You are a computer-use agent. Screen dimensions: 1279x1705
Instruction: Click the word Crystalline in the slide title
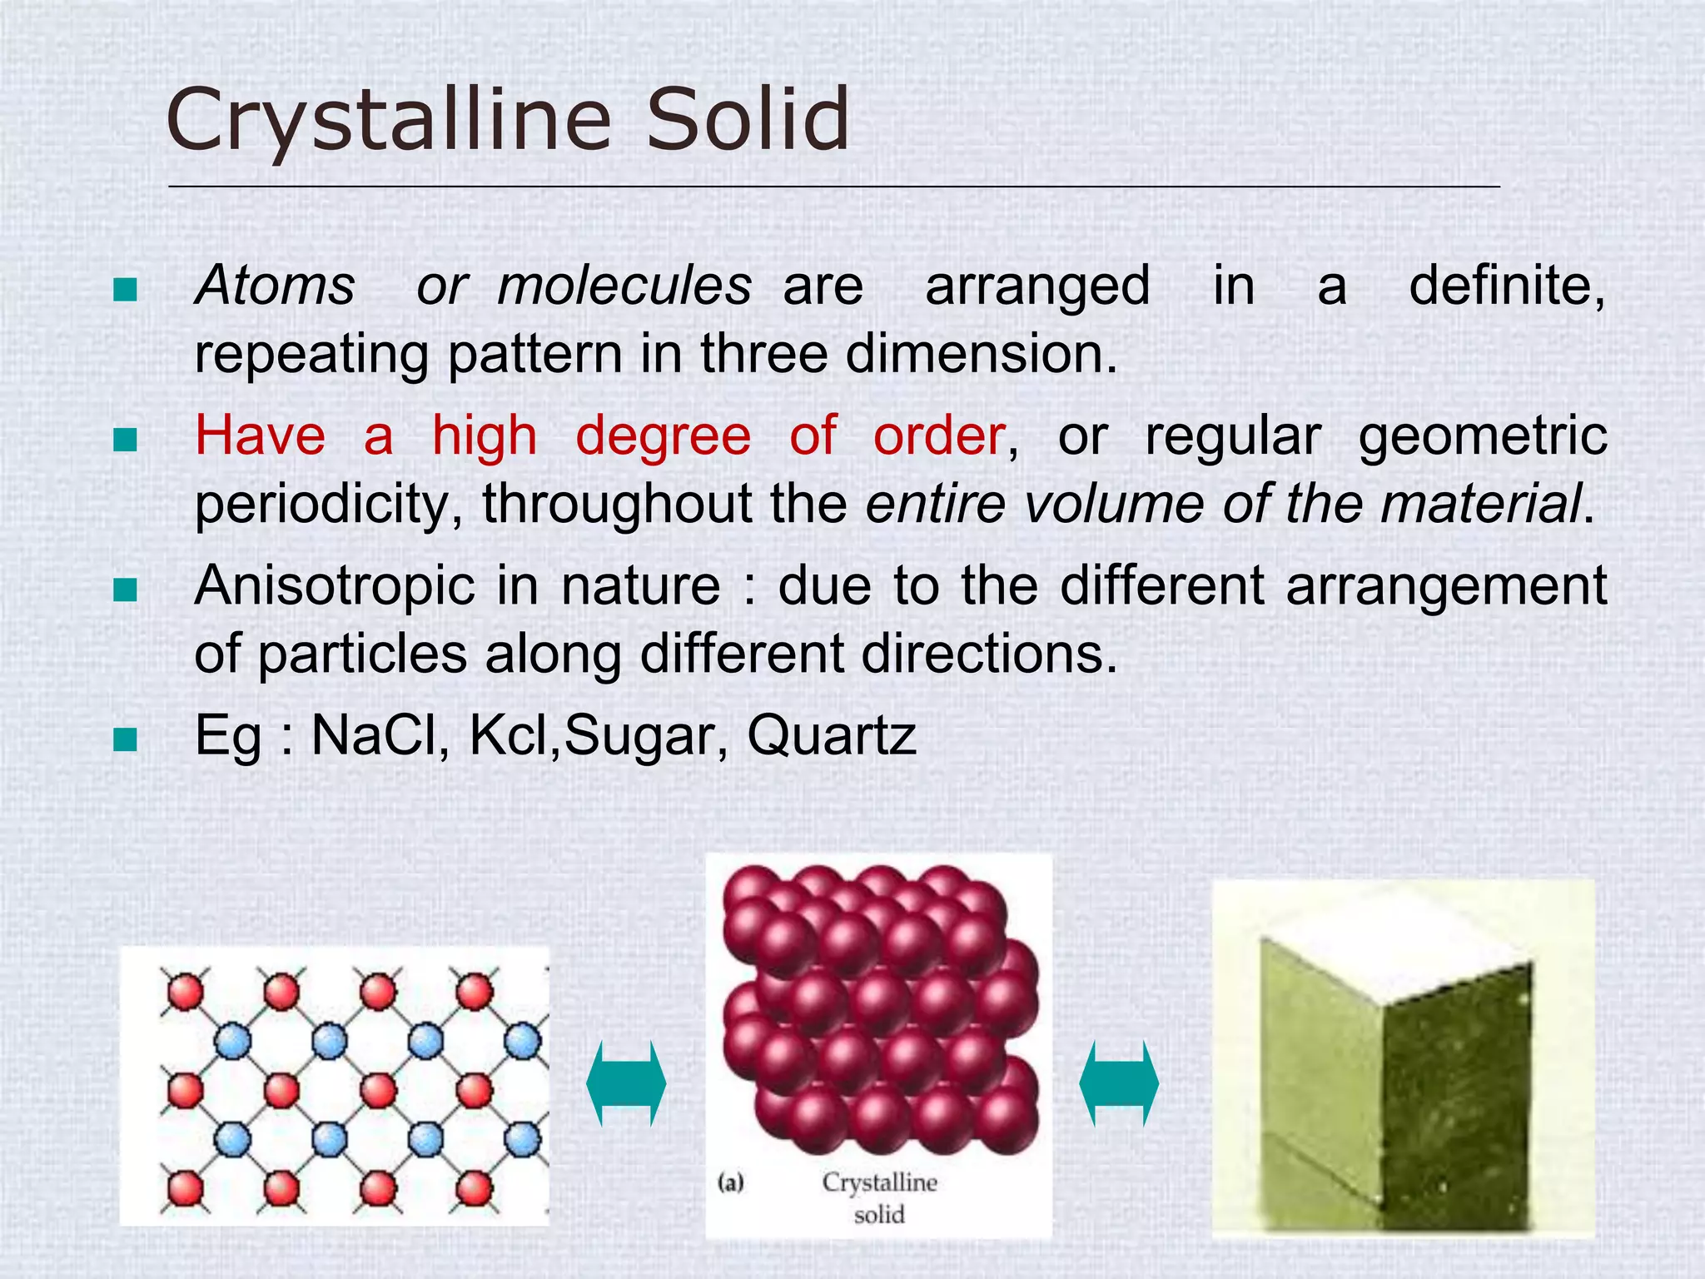click(389, 121)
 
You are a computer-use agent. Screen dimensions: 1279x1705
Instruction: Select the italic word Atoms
click(276, 286)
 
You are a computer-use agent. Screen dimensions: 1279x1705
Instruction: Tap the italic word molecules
click(624, 286)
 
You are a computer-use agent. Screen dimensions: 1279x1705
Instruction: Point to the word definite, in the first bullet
click(1507, 286)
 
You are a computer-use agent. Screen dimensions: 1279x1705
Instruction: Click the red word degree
click(663, 435)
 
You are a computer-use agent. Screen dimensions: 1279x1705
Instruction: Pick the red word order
click(939, 435)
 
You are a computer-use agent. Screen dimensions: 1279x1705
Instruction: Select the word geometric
click(1483, 437)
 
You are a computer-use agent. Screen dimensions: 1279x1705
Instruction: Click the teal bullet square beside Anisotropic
click(125, 590)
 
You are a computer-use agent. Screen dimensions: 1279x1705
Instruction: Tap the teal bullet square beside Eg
click(125, 739)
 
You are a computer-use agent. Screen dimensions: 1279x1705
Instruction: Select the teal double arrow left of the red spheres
click(626, 1083)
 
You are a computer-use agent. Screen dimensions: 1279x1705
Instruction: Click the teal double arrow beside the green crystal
click(1118, 1083)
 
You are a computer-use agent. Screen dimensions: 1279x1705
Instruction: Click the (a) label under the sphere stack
click(730, 1182)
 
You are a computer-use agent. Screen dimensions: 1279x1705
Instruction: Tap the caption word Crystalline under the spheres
click(879, 1182)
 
